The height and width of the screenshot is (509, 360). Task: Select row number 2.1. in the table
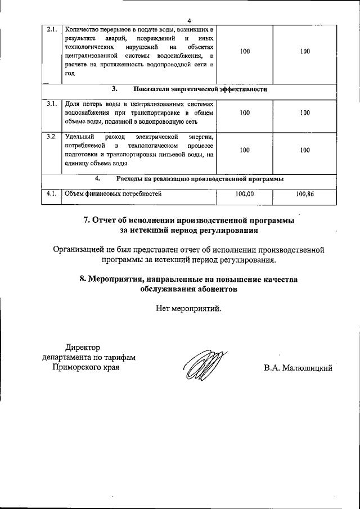click(x=51, y=29)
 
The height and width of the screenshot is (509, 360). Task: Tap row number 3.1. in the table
click(x=51, y=105)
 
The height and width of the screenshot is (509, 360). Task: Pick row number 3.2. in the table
click(x=51, y=137)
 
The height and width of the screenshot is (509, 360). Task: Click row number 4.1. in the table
click(x=51, y=194)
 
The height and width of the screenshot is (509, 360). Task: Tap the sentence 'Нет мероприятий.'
click(x=189, y=308)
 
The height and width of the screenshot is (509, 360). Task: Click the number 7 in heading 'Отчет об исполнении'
click(x=87, y=220)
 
